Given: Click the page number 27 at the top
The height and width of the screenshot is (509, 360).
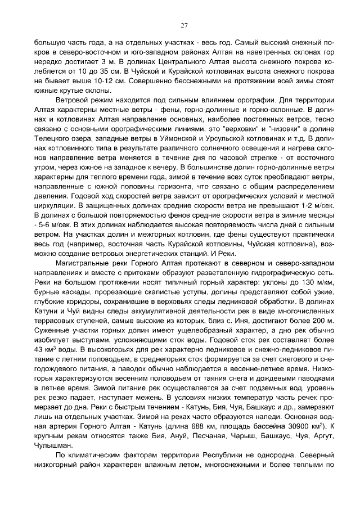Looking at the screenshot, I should (x=183, y=25).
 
